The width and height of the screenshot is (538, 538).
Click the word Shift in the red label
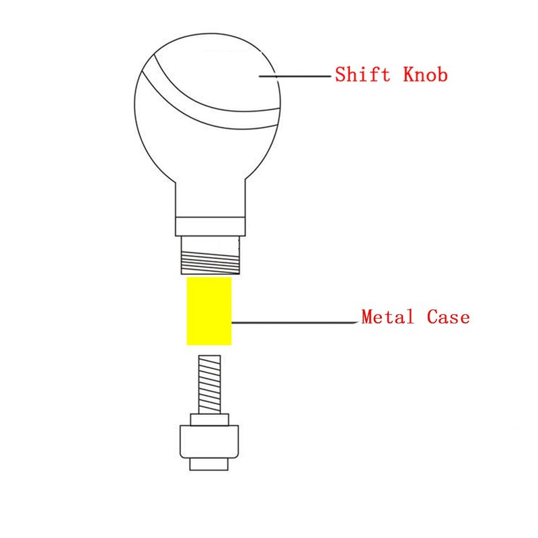362,74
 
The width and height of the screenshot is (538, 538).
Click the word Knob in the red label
425,74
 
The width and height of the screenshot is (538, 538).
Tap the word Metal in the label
387,317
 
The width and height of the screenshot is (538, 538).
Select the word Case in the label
448,317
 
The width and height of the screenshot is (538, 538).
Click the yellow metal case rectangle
209,311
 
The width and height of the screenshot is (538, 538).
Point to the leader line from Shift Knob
295,76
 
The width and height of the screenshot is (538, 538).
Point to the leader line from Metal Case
295,323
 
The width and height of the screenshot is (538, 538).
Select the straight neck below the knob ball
210,199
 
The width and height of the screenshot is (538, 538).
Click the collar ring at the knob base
210,227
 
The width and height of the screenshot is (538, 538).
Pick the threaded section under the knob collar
210,256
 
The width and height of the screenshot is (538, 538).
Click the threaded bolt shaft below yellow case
209,384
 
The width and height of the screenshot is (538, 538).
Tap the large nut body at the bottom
209,442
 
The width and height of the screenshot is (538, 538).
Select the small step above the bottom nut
209,420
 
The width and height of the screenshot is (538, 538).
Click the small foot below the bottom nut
209,464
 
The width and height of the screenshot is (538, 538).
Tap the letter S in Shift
341,74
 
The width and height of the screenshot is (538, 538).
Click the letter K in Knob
409,74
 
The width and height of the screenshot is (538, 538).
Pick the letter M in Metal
368,317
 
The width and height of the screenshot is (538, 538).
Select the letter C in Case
432,317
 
